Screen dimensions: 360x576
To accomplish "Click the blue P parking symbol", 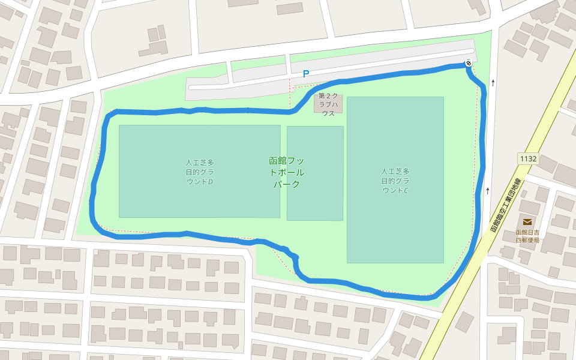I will point(306,74).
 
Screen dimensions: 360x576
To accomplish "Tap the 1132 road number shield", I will point(529,158).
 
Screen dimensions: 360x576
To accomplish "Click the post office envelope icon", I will point(527,222).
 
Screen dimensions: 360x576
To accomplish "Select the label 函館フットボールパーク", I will point(287,172).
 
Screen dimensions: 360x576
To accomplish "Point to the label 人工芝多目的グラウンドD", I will point(200,172).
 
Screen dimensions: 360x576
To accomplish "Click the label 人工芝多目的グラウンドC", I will point(395,181).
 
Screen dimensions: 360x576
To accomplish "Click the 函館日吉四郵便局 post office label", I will point(527,236).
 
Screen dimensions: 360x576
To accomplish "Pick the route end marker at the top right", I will point(468,63).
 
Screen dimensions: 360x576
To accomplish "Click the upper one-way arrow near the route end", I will point(493,83).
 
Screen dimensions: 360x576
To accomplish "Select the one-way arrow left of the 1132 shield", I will point(488,190).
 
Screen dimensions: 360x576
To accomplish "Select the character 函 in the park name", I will point(274,161).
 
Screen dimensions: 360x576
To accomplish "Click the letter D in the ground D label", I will point(210,181).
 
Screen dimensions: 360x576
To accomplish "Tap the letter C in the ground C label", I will point(406,191).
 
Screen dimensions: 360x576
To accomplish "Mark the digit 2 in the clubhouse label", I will point(328,96).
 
